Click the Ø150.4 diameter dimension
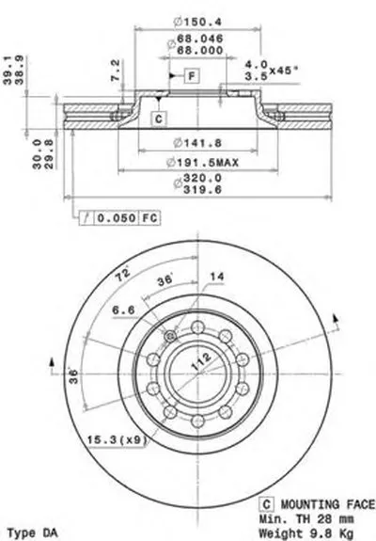pyautogui.click(x=197, y=22)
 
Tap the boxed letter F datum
pyautogui.click(x=193, y=75)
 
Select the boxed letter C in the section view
pyautogui.click(x=159, y=119)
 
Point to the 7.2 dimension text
pyautogui.click(x=116, y=71)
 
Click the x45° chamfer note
pyautogui.click(x=283, y=70)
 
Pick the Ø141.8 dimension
pyautogui.click(x=197, y=142)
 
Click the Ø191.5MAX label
pyautogui.click(x=202, y=162)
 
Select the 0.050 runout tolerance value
pyautogui.click(x=117, y=218)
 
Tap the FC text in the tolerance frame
pyautogui.click(x=149, y=218)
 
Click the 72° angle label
pyautogui.click(x=122, y=275)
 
